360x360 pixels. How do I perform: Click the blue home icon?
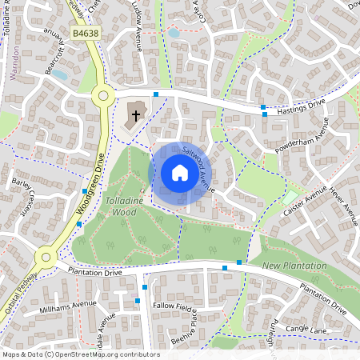tap(180, 173)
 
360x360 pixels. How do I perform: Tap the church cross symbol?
tap(136, 115)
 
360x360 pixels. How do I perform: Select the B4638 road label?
tap(83, 34)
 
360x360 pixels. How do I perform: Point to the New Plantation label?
tap(294, 265)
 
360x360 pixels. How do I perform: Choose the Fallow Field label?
tap(176, 306)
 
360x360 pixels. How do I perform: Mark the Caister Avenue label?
tap(305, 203)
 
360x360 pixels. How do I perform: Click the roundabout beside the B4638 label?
tap(102, 95)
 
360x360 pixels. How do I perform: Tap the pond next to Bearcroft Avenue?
tap(59, 74)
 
